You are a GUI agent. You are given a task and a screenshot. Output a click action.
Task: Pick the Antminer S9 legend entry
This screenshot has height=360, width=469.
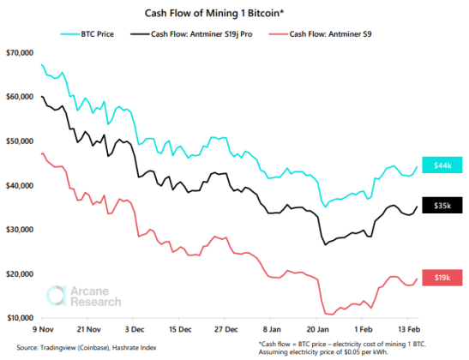coord(327,36)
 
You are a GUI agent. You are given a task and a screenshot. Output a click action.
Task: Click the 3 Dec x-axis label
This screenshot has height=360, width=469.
coord(141,329)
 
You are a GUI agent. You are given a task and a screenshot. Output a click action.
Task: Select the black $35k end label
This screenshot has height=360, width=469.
coord(443,206)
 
